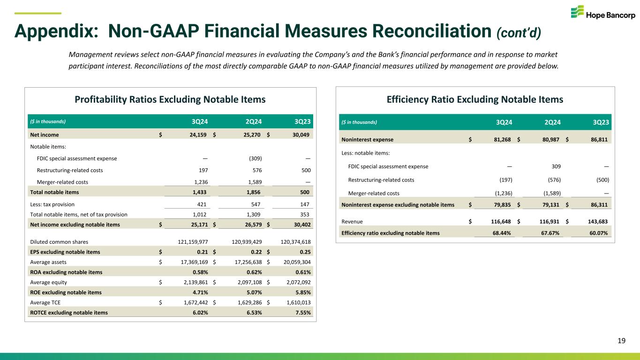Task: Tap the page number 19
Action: [621, 341]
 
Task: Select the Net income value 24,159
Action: [197, 134]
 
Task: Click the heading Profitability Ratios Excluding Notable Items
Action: [171, 99]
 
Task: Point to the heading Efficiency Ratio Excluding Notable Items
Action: [475, 99]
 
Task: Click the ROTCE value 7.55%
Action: [302, 313]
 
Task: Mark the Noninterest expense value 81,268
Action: [498, 139]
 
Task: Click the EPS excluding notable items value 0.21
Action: [202, 252]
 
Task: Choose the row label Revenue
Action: [352, 222]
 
